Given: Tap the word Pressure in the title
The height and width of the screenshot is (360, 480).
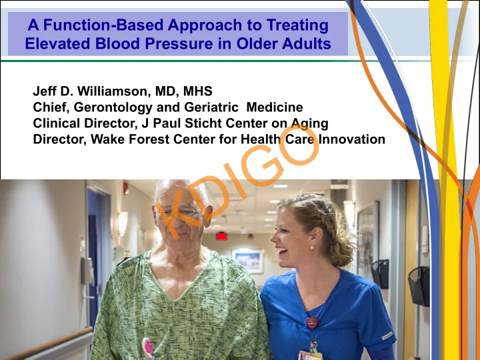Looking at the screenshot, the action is (x=179, y=43).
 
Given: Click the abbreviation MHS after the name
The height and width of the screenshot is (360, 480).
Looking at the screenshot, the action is (x=198, y=91).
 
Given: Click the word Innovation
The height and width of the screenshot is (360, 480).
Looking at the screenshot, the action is (x=352, y=139).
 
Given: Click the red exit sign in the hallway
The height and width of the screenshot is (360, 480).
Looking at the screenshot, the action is (x=221, y=236).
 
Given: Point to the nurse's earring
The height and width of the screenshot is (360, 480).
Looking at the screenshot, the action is (x=311, y=247).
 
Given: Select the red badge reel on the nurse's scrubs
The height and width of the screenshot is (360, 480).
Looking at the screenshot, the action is (x=312, y=323).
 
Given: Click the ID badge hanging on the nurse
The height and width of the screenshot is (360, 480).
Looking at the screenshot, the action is (x=310, y=355).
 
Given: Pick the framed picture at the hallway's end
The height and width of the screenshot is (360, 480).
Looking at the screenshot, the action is (x=248, y=261).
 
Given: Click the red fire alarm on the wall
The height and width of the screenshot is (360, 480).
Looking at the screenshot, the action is (x=126, y=188).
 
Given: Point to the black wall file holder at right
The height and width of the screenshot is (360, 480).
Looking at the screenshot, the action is (x=419, y=285).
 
